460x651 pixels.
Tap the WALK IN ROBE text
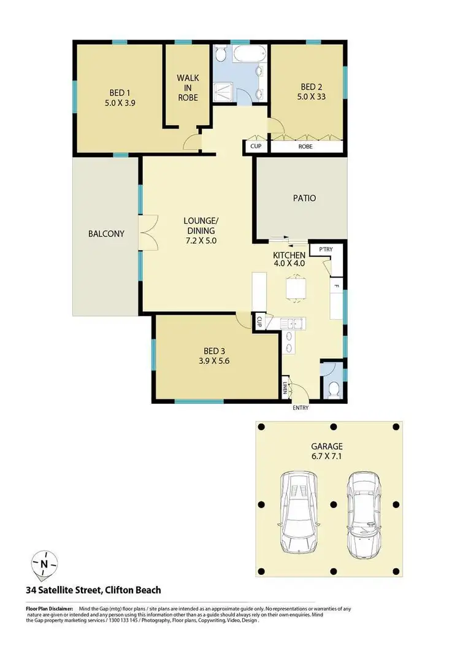(188, 87)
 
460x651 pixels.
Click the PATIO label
(304, 198)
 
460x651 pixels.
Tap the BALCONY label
(106, 234)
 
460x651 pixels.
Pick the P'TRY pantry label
(321, 249)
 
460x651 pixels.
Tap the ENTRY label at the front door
(301, 408)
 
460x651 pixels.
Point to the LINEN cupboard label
(285, 388)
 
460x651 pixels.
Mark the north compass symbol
(44, 563)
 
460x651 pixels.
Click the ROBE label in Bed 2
(305, 147)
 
